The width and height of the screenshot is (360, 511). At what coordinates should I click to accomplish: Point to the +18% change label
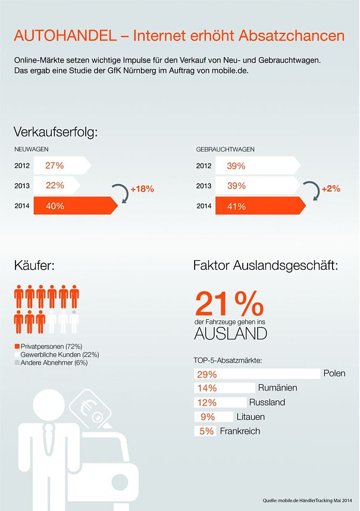pos(142,189)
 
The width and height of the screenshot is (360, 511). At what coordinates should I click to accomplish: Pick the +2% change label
pos(331,189)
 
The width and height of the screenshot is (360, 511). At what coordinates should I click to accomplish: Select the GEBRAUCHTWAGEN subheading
pos(226,149)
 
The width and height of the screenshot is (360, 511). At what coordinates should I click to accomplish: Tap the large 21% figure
pos(230,304)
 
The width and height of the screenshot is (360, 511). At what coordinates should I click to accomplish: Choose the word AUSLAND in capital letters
pos(231,334)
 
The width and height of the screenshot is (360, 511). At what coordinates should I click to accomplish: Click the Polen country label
pos(334,374)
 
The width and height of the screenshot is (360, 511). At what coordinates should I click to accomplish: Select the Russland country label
pos(267,403)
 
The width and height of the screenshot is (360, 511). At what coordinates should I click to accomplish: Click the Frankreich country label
pos(240,431)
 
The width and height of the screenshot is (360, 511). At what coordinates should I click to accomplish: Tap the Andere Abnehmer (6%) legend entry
pos(51,363)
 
